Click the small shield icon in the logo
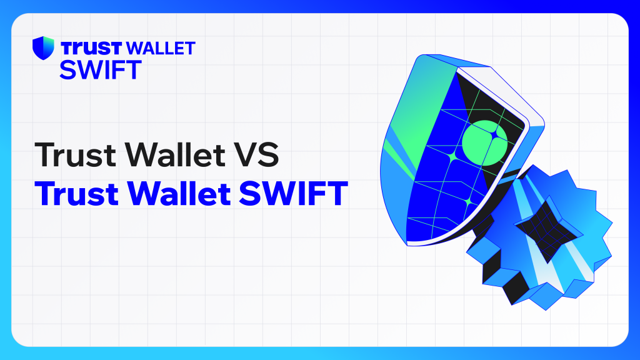43,47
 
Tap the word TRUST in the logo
91,48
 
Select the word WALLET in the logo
161,48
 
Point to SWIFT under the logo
101,69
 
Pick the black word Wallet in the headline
175,154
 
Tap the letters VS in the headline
256,155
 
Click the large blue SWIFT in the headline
294,193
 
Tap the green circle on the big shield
485,143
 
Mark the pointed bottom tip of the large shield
407,245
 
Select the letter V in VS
245,155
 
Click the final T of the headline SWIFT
337,193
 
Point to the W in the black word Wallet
143,155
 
